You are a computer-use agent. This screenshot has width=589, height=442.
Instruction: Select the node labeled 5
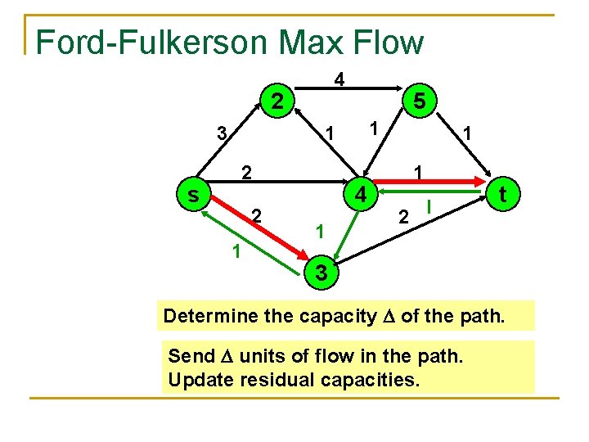tap(419, 102)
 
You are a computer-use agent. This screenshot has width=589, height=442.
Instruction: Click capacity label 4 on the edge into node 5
tap(339, 80)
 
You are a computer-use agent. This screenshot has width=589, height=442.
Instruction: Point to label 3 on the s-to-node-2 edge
tap(221, 133)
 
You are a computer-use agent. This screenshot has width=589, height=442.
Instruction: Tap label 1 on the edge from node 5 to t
tap(465, 133)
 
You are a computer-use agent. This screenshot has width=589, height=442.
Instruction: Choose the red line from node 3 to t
tap(409, 232)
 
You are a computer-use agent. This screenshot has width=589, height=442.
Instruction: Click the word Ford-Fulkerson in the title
tap(151, 43)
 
